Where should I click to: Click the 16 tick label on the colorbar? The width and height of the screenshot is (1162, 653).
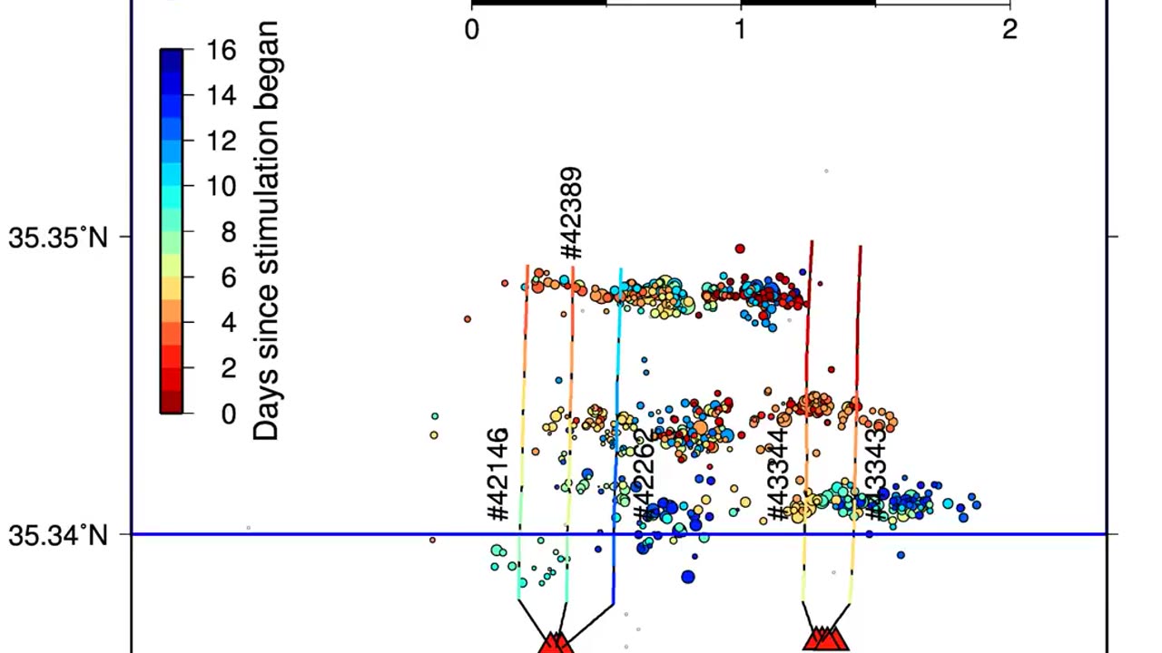221,50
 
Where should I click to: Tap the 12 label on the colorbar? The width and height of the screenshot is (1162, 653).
221,141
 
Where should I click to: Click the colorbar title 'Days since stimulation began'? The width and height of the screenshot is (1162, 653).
265,231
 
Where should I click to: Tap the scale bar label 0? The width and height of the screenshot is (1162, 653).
472,30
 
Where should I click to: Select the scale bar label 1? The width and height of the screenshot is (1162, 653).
741,30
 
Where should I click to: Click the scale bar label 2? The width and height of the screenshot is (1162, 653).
1009,30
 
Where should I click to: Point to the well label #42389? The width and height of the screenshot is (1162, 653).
571,213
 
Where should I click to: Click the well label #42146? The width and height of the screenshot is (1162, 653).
497,475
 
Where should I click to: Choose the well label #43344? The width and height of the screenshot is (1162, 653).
777,475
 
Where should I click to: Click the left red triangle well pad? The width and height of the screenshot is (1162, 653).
555,643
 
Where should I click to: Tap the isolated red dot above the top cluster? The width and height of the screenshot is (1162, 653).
740,249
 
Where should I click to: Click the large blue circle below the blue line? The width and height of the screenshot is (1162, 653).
688,577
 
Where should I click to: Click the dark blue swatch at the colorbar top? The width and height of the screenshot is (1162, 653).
172,60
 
